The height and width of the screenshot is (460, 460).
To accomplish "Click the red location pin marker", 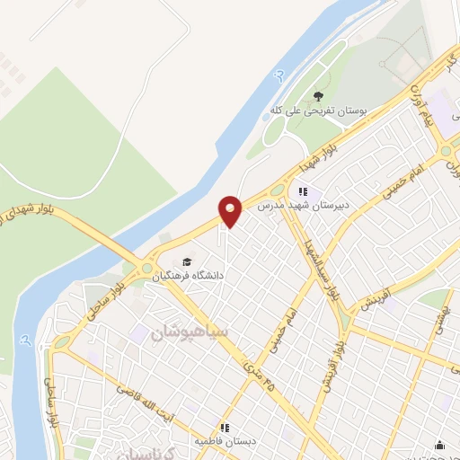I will pyautogui.click(x=230, y=211).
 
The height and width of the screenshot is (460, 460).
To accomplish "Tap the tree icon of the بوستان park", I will pyautogui.click(x=317, y=95).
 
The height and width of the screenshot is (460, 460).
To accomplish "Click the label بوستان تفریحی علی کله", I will pyautogui.click(x=319, y=111).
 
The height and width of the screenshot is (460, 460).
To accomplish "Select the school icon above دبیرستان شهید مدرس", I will pyautogui.click(x=303, y=191).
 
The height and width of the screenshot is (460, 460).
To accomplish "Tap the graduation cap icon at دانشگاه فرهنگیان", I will pyautogui.click(x=186, y=261).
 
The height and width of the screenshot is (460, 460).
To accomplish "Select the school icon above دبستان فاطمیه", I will pyautogui.click(x=225, y=428).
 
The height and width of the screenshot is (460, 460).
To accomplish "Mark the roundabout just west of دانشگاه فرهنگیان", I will pyautogui.click(x=146, y=267).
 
